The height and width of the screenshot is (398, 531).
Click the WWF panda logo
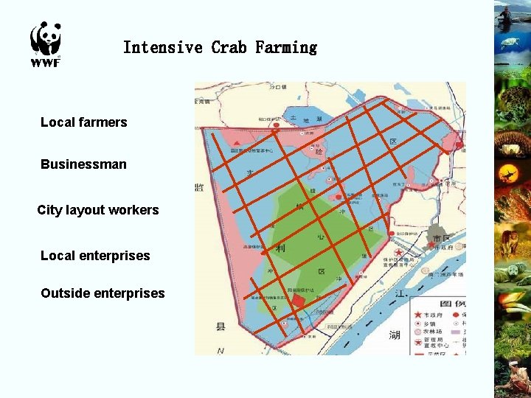point(45,38)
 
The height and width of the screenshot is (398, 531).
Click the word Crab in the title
point(229,48)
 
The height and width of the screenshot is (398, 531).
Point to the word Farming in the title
point(286,48)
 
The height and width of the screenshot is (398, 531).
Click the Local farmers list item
point(83,122)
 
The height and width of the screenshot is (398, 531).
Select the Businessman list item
point(83,164)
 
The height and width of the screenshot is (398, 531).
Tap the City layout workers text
point(98,210)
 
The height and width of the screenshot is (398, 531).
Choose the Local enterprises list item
point(95,256)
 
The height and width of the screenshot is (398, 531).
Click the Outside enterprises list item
point(103,293)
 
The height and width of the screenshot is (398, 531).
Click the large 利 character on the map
point(280,249)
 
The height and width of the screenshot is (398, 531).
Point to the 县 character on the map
point(220,326)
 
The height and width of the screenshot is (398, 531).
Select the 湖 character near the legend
point(395,335)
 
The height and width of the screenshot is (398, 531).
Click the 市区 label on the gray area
point(441,239)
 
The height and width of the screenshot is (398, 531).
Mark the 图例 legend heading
point(451,303)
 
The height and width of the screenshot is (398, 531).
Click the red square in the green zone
point(299,301)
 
